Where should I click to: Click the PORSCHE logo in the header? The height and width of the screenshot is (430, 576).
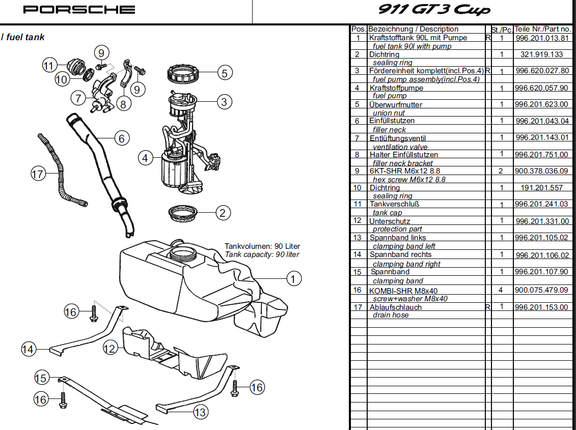[x=79, y=10]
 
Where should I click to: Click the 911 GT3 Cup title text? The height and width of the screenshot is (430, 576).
[x=434, y=10]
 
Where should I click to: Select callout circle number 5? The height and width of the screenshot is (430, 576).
[x=225, y=73]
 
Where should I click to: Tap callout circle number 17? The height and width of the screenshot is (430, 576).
[x=38, y=175]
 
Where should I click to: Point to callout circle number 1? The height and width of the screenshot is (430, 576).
[x=293, y=278]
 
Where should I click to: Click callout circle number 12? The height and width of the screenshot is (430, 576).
[x=110, y=349]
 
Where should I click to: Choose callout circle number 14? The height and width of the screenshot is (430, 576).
[x=28, y=349]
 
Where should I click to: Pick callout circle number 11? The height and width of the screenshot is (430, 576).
[x=48, y=66]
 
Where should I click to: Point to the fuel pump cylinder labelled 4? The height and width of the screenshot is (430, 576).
[x=173, y=170]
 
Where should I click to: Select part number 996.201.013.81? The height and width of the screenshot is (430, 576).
[x=542, y=38]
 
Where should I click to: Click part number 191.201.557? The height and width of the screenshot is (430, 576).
[x=542, y=187]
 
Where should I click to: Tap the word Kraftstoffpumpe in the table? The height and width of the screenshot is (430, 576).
[x=396, y=88]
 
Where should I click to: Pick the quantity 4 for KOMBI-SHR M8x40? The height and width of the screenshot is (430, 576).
[x=501, y=290]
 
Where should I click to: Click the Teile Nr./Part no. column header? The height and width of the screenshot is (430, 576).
[x=542, y=29]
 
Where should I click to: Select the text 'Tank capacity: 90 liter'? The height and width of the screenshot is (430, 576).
[x=262, y=254]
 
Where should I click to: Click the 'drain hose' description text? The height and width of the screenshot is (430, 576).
[x=391, y=315]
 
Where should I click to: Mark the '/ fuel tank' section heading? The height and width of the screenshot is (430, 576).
[x=23, y=37]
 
